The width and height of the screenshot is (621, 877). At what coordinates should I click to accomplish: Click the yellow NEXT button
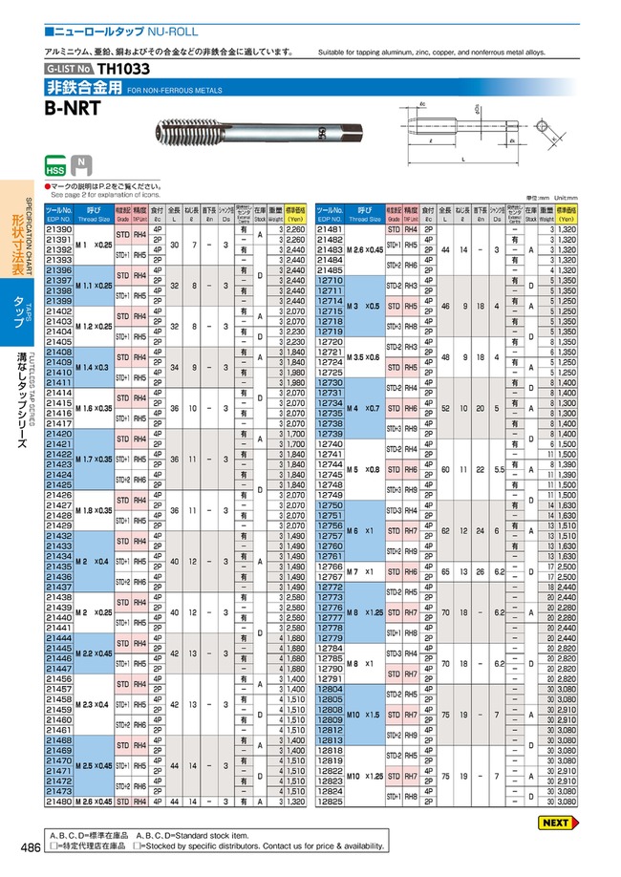point(554,822)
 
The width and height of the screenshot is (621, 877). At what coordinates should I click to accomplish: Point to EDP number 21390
point(59,229)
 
